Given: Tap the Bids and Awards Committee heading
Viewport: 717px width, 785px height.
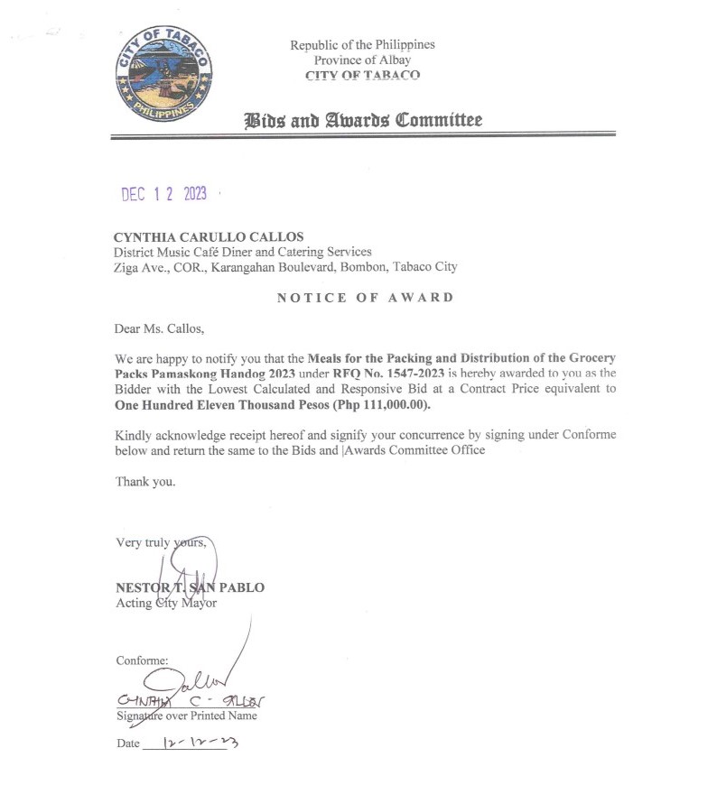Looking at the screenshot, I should pos(364,120).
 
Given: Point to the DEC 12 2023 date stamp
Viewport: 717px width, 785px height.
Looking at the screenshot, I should pos(164,193).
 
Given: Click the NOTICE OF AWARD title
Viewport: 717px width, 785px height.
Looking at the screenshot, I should pos(365,298).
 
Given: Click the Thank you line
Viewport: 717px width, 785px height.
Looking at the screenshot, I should pos(145,482).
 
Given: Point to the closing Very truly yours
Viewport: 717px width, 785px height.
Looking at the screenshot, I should pos(162,543).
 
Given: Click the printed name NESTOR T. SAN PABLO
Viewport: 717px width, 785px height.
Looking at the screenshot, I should pos(190,587).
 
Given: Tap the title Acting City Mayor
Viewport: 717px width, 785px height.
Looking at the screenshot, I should pos(166,603).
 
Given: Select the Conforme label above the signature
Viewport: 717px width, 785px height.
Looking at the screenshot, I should pos(142,660).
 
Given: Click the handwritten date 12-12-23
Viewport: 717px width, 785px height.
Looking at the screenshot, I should pos(196,743).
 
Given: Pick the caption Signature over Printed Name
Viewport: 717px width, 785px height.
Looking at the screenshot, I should pos(187,716).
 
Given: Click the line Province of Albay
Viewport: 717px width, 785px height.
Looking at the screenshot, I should pos(362,60).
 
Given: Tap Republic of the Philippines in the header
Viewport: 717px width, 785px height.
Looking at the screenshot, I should pos(362,45).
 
